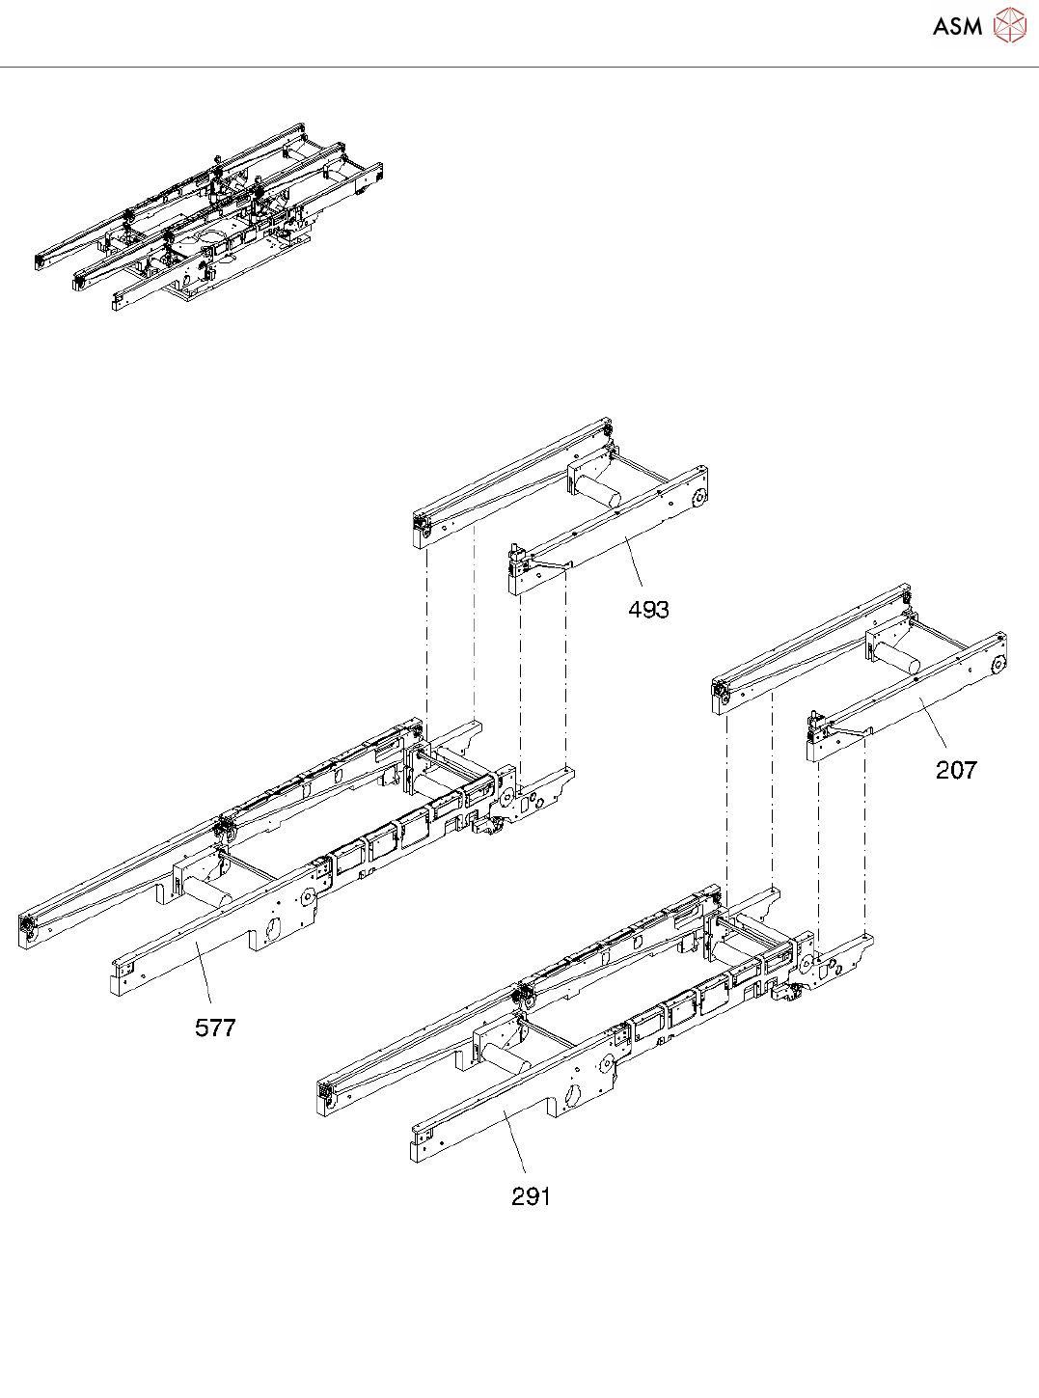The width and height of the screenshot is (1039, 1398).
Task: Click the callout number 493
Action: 648,610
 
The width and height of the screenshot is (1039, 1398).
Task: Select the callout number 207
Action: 956,770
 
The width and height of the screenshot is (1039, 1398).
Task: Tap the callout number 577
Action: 215,1028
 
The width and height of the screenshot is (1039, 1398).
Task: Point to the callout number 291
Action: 532,1196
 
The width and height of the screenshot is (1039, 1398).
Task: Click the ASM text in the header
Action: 957,27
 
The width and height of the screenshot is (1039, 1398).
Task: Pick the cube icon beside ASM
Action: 1010,26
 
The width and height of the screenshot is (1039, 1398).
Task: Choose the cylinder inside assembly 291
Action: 506,1057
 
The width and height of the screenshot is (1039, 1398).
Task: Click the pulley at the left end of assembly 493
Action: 423,525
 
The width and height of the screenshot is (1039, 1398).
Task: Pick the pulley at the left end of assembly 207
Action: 720,689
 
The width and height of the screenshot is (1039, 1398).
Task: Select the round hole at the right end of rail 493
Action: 697,499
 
